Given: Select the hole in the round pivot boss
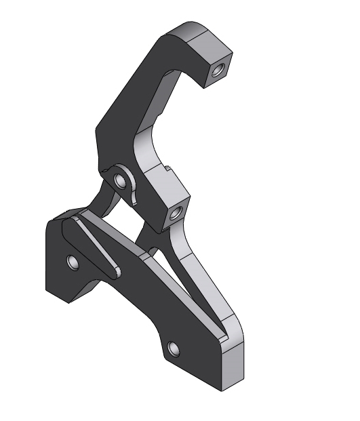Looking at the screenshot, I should pos(121,180).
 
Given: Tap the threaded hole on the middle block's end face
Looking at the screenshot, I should pos(176,215).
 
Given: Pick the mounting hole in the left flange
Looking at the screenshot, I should pos(73,261).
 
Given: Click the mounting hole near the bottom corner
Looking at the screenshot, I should pos(174,349).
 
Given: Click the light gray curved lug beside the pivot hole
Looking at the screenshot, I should pos(134,190).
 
